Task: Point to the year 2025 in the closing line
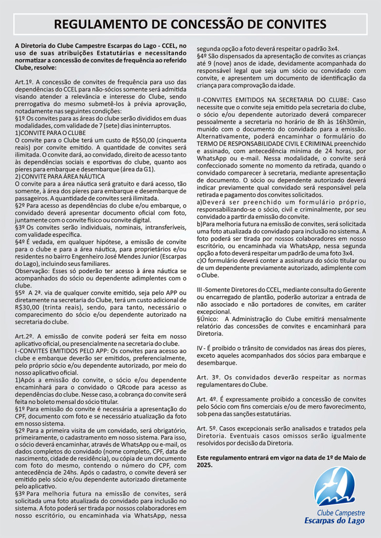pos(204,465)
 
